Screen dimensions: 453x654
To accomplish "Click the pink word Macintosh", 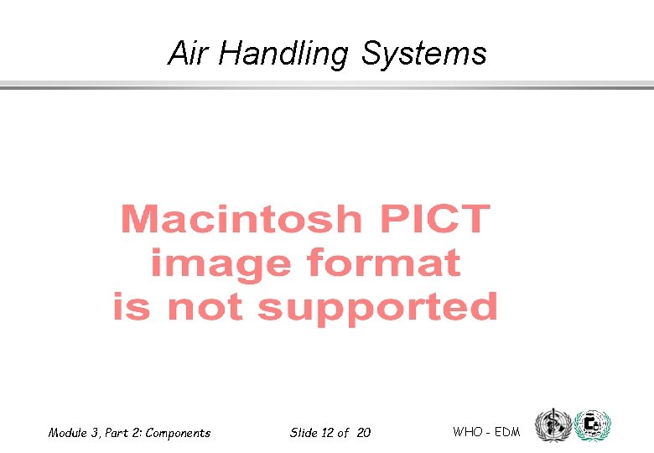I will [x=239, y=221].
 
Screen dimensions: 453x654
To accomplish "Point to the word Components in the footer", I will [x=179, y=433].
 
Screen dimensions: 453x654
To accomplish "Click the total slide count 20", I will [x=363, y=433].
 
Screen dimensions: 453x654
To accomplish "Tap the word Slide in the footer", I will [x=303, y=433].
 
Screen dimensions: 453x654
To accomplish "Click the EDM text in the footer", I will [x=506, y=432].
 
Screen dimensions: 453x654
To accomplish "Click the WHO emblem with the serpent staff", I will [x=551, y=425].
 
